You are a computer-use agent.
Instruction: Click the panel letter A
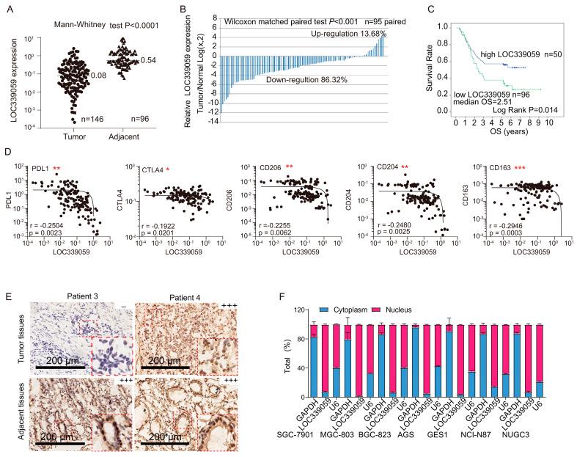(x=8, y=9)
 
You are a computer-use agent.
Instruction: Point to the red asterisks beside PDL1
(x=56, y=169)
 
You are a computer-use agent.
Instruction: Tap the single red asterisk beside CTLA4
(x=167, y=169)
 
